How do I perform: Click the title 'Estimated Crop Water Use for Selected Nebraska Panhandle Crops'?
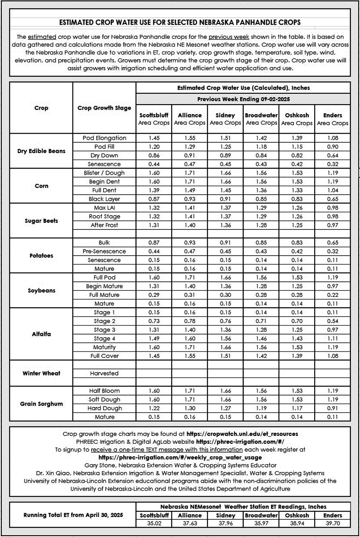pos(180,22)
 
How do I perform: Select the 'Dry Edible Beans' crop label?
pos(41,151)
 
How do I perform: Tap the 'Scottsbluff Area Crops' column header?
pos(154,119)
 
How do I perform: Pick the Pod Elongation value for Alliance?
pos(190,138)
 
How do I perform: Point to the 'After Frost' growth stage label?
pos(104,225)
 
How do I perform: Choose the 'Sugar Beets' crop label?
pos(41,221)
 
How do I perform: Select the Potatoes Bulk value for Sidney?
pos(225,243)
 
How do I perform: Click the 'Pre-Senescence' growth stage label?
pos(104,251)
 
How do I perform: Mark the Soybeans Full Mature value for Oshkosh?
pos(297,295)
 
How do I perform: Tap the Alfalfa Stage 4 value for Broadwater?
pos(261,339)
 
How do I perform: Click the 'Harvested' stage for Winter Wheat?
pos(104,373)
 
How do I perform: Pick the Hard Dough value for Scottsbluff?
pos(154,408)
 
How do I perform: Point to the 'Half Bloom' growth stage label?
pos(104,391)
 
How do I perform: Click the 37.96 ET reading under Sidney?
pos(225,523)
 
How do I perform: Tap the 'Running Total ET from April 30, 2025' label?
pos(73,515)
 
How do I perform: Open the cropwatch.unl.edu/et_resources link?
pos(242,434)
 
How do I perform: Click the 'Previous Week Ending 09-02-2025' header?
pos(243,99)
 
